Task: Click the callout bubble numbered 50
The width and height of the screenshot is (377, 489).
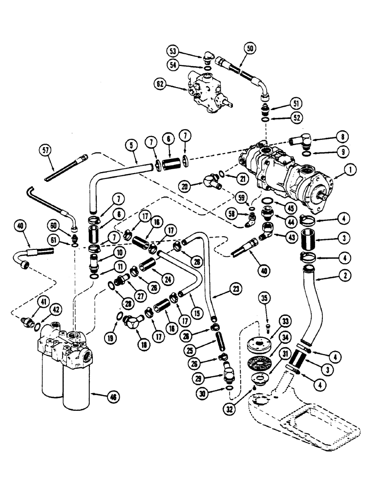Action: point(251,49)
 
